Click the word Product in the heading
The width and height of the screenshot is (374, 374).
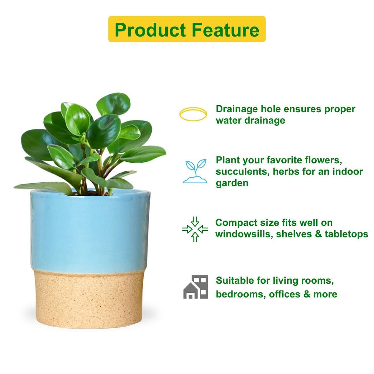150,30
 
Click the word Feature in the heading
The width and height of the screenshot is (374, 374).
225,30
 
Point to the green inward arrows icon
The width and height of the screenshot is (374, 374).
195,229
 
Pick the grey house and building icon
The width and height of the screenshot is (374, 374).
195,287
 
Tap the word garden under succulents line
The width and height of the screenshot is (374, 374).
232,183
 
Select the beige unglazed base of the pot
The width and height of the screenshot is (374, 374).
89,299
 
